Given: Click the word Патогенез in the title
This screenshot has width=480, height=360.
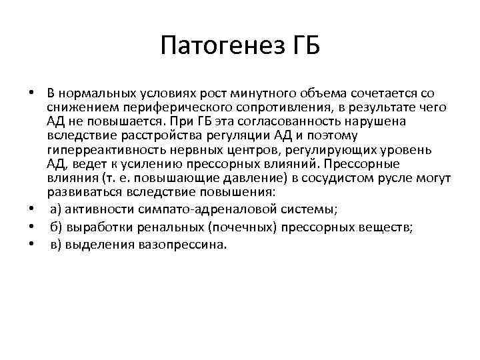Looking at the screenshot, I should pyautogui.click(x=222, y=47).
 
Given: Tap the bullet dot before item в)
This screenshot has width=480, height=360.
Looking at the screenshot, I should pyautogui.click(x=32, y=245).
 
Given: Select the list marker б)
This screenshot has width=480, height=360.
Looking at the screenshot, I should pyautogui.click(x=57, y=227).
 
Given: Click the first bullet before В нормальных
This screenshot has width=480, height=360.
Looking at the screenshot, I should pyautogui.click(x=32, y=93).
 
